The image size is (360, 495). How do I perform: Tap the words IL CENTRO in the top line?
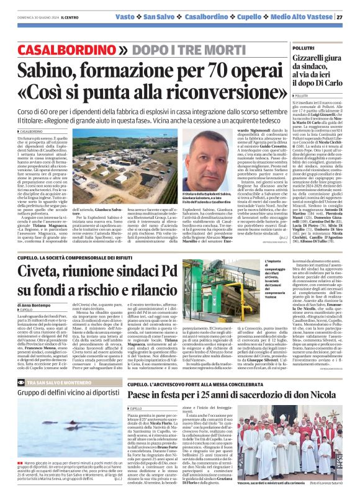pos(61,17)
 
